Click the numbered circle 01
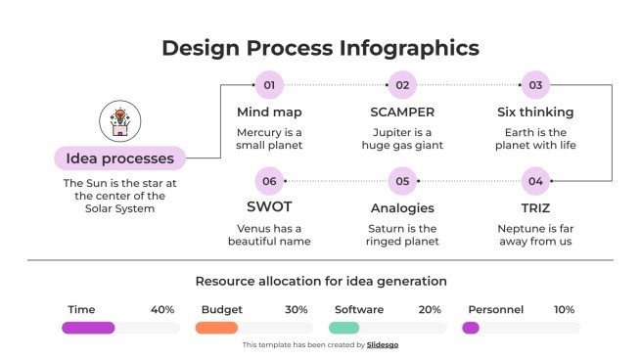269,85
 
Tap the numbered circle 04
535,181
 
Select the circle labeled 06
269,181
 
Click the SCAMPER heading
402,112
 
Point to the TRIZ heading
534,207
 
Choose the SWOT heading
268,207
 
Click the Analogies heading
402,207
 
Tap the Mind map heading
269,112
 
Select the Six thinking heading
535,112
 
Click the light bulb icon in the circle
119,120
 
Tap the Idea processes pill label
119,157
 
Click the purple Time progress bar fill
88,328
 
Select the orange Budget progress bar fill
216,328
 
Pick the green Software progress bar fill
343,328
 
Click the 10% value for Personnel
564,309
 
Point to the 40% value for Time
162,309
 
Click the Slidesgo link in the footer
382,344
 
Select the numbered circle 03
535,85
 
